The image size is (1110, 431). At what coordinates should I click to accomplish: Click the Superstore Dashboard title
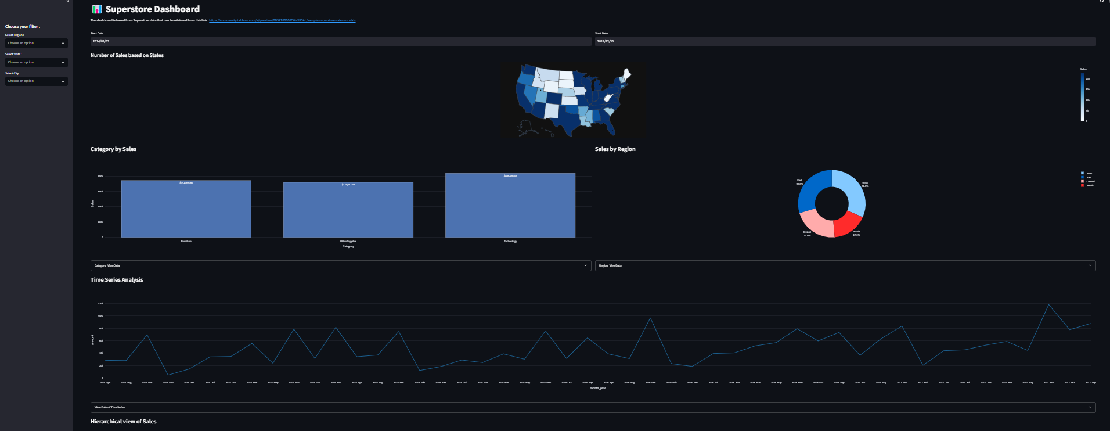point(152,9)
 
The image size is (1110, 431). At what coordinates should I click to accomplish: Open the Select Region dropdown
point(36,43)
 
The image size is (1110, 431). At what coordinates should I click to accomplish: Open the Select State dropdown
point(36,62)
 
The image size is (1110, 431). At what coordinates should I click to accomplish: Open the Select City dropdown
point(36,81)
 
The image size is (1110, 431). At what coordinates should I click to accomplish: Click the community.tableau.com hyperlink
point(282,20)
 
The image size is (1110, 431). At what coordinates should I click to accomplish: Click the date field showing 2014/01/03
point(340,41)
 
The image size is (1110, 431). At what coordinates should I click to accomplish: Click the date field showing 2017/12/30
point(845,41)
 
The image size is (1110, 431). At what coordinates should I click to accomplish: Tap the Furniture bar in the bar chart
point(186,209)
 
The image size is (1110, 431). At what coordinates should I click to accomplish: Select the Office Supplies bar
point(348,210)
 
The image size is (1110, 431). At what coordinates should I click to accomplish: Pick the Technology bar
point(510,206)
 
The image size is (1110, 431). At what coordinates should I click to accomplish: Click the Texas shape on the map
point(566,120)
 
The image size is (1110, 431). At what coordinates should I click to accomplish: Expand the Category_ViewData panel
point(340,265)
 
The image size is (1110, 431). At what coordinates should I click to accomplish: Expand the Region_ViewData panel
point(845,265)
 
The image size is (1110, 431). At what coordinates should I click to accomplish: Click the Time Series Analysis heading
point(117,280)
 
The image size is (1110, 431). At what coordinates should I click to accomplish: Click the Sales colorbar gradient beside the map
point(1082,96)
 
